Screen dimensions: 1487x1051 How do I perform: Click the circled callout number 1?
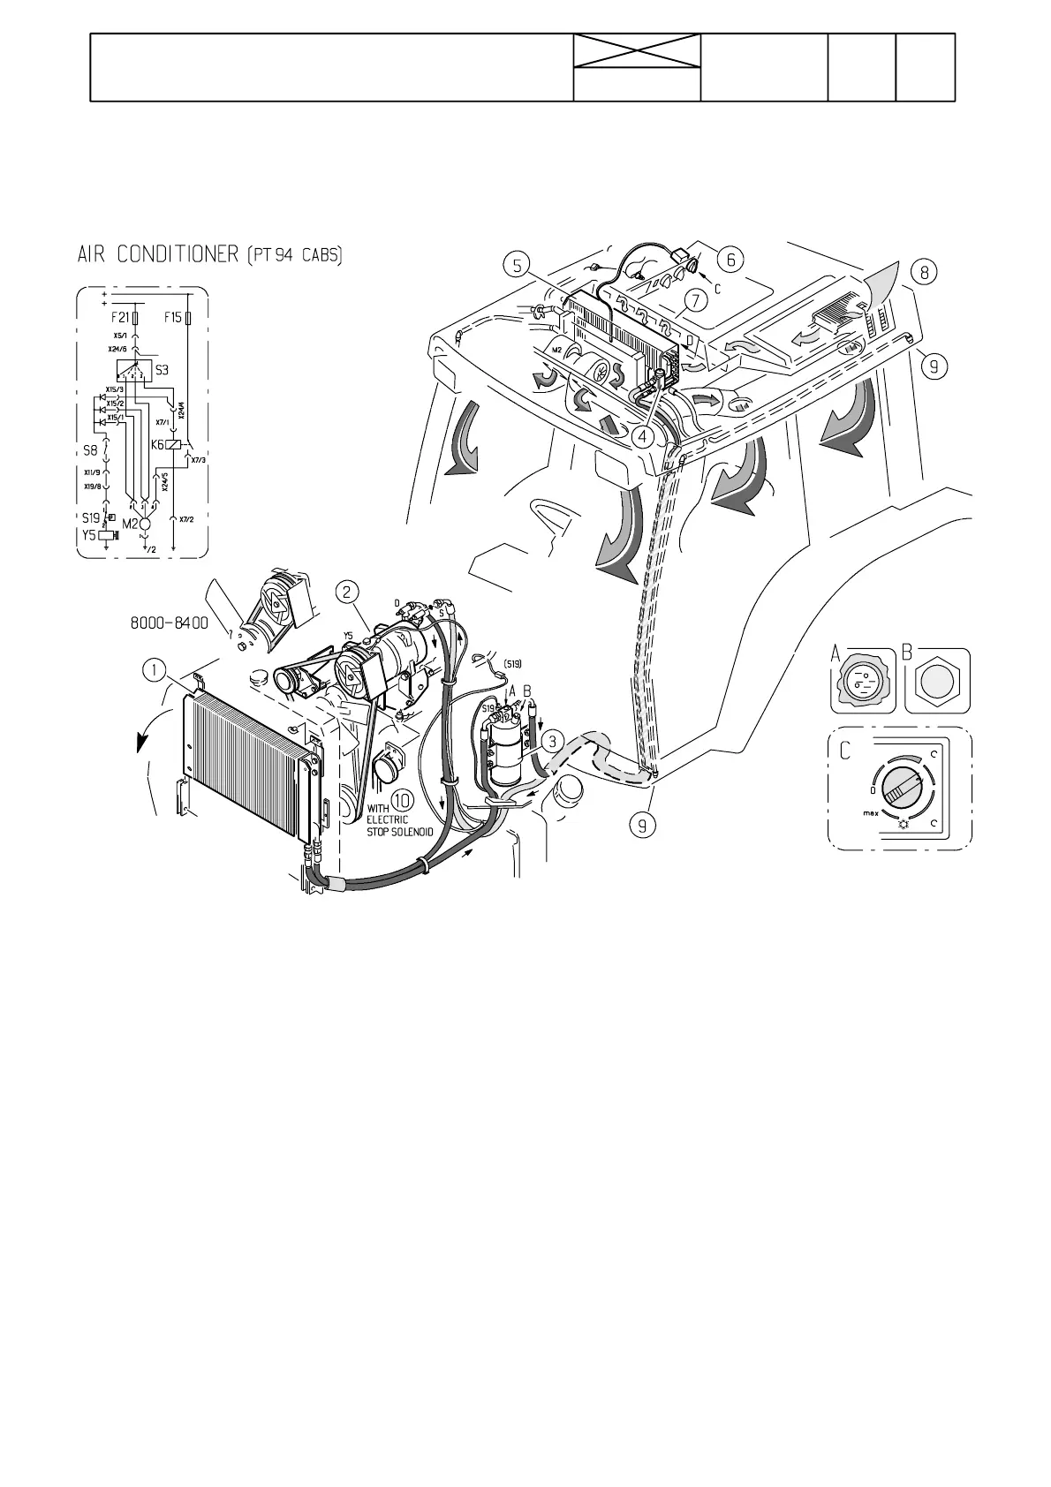[155, 670]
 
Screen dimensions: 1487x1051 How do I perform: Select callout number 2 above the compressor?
[350, 592]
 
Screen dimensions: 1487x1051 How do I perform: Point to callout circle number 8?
[924, 273]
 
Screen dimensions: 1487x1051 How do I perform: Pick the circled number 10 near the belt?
[402, 800]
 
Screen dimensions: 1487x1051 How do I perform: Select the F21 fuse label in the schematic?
[120, 317]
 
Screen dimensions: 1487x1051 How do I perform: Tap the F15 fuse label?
[173, 317]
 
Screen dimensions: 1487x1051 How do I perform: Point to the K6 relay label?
[159, 446]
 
